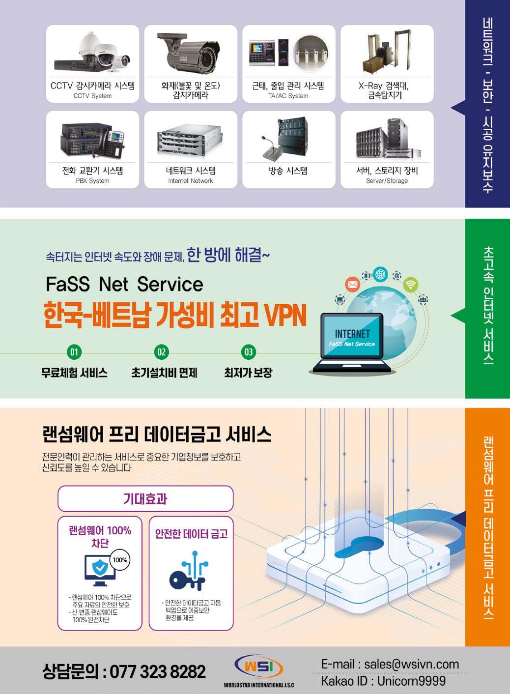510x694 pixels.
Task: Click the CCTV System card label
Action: (x=92, y=96)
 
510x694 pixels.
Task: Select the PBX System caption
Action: (x=92, y=181)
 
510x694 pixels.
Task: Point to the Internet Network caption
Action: (x=191, y=181)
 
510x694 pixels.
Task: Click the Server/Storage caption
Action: (x=387, y=181)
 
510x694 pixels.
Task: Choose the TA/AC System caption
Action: (x=288, y=96)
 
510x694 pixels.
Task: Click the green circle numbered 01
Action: (x=74, y=352)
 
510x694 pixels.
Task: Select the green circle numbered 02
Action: (x=161, y=352)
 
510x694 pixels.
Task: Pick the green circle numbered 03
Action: (x=249, y=352)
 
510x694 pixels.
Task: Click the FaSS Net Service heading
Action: (x=124, y=284)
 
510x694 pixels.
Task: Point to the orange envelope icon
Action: (x=352, y=284)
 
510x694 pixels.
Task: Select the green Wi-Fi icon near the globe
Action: (x=411, y=284)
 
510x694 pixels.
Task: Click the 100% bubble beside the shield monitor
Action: (x=120, y=560)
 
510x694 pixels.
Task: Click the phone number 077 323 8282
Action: (x=158, y=671)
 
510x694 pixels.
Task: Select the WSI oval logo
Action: (x=258, y=667)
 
